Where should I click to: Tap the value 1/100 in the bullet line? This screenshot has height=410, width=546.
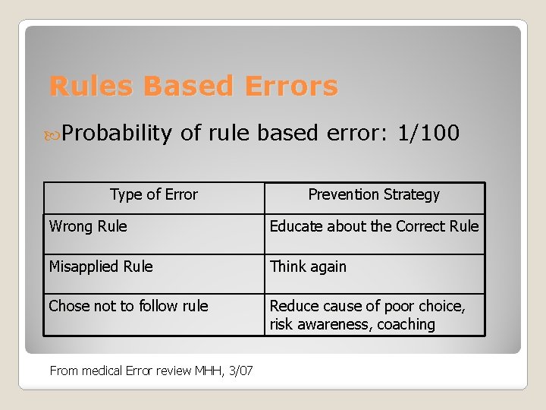click(x=428, y=134)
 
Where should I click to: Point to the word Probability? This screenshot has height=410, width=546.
click(x=118, y=134)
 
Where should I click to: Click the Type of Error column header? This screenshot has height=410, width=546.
click(x=153, y=194)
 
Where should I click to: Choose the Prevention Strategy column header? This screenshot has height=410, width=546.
click(x=374, y=194)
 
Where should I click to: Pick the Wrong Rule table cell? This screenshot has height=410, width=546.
click(x=88, y=226)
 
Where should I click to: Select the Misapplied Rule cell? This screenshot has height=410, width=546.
click(x=101, y=266)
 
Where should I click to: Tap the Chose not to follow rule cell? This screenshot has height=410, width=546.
click(x=128, y=306)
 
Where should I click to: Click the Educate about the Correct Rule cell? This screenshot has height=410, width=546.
click(x=374, y=226)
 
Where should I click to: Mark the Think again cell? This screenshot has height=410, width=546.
click(x=308, y=266)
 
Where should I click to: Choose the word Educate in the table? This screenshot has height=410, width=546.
click(x=296, y=226)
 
